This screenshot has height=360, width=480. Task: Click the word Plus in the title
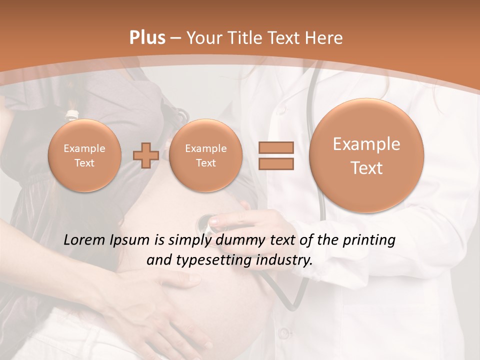point(147,38)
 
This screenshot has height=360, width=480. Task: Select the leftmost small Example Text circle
point(84,155)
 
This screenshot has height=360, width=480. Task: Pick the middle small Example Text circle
point(205,155)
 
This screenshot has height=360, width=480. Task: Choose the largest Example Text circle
point(366,155)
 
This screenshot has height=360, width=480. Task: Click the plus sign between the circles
point(146,155)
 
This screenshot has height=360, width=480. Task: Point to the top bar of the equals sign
point(276,147)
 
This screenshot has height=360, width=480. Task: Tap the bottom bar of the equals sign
point(276,163)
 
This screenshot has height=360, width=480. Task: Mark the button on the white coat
point(283,332)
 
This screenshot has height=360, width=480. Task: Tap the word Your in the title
point(204,38)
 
